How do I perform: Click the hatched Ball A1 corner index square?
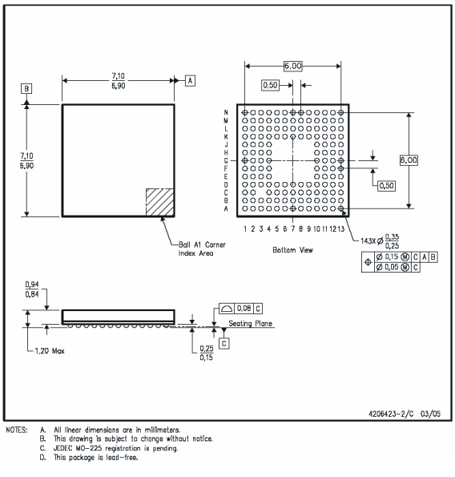pos(159,201)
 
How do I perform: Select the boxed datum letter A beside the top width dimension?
pos(190,80)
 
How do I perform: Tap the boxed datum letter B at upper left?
pos(27,88)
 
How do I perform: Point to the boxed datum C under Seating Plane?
pos(223,342)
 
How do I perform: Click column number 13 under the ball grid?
pos(341,229)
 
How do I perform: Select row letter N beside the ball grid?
pos(227,112)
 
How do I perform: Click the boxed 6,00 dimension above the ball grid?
pos(292,67)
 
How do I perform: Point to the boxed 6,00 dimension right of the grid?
pos(409,160)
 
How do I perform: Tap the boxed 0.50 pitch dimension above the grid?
pos(270,85)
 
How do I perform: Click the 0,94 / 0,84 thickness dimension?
pos(33,289)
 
